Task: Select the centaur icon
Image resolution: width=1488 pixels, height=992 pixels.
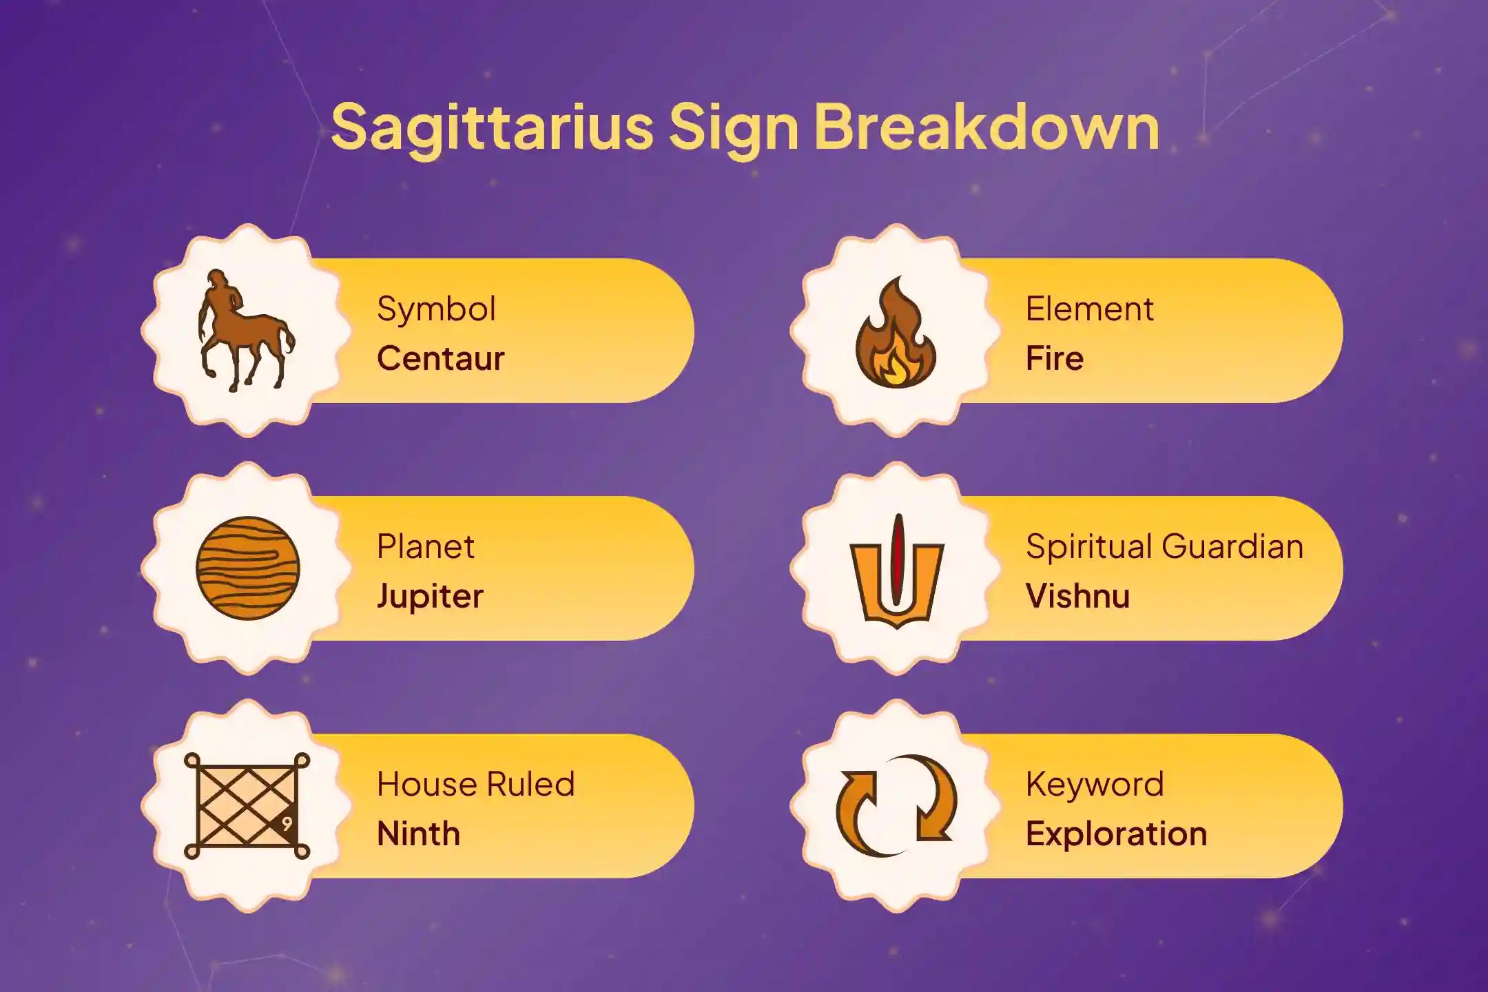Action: [246, 331]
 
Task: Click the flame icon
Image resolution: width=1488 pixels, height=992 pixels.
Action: [896, 332]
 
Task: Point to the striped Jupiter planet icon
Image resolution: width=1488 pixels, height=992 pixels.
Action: [247, 568]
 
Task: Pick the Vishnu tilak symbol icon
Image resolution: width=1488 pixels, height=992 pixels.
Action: [896, 570]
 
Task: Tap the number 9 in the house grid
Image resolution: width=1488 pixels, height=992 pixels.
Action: [287, 824]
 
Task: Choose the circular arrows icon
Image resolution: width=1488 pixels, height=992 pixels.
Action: [896, 805]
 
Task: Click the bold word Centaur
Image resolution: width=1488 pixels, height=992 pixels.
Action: [441, 358]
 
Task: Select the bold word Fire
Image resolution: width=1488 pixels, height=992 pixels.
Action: [1054, 358]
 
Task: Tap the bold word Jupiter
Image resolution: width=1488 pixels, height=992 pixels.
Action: [430, 597]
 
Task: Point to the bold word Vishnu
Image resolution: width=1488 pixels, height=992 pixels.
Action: [1077, 596]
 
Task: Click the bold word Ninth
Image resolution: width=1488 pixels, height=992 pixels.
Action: [418, 834]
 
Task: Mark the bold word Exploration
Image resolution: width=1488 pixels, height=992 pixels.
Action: [1116, 834]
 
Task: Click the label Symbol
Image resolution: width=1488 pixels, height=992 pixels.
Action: [436, 309]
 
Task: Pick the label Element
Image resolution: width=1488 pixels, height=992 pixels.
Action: [1089, 309]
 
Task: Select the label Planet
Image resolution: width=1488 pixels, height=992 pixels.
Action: [425, 547]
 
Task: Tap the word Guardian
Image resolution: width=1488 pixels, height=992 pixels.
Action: [1232, 546]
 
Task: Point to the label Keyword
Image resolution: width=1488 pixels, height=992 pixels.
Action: [1095, 785]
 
